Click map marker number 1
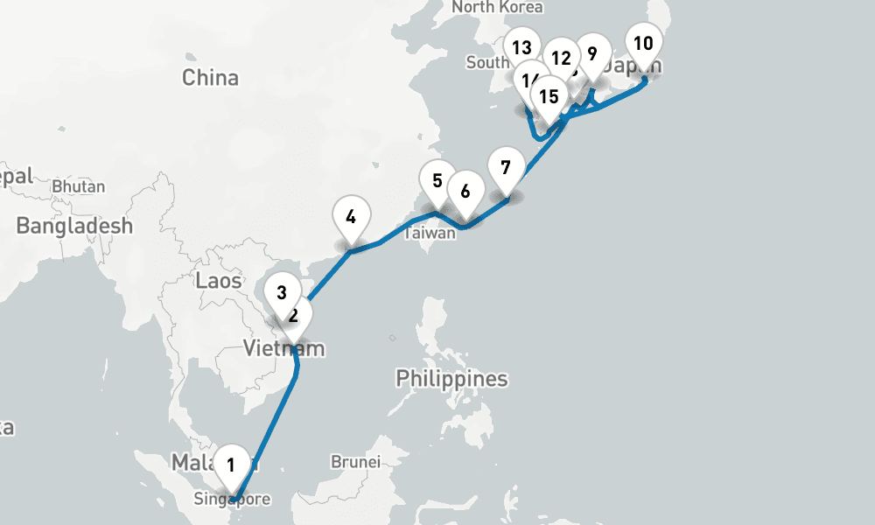pyautogui.click(x=231, y=465)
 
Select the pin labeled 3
pyautogui.click(x=282, y=293)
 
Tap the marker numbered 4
pyautogui.click(x=351, y=216)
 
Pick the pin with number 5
pyautogui.click(x=437, y=181)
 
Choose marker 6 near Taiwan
pyautogui.click(x=465, y=192)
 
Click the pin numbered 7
pyautogui.click(x=505, y=166)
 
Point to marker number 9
pyautogui.click(x=592, y=54)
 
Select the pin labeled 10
pyautogui.click(x=642, y=44)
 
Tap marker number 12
pyautogui.click(x=560, y=59)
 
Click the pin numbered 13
pyautogui.click(x=523, y=48)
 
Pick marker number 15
pyautogui.click(x=549, y=95)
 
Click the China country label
pyautogui.click(x=210, y=78)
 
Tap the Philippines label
pyautogui.click(x=451, y=379)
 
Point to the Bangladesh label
pyautogui.click(x=75, y=226)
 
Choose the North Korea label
pyautogui.click(x=497, y=7)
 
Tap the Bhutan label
pyautogui.click(x=79, y=186)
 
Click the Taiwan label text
pyautogui.click(x=430, y=234)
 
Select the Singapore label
pyautogui.click(x=234, y=500)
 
